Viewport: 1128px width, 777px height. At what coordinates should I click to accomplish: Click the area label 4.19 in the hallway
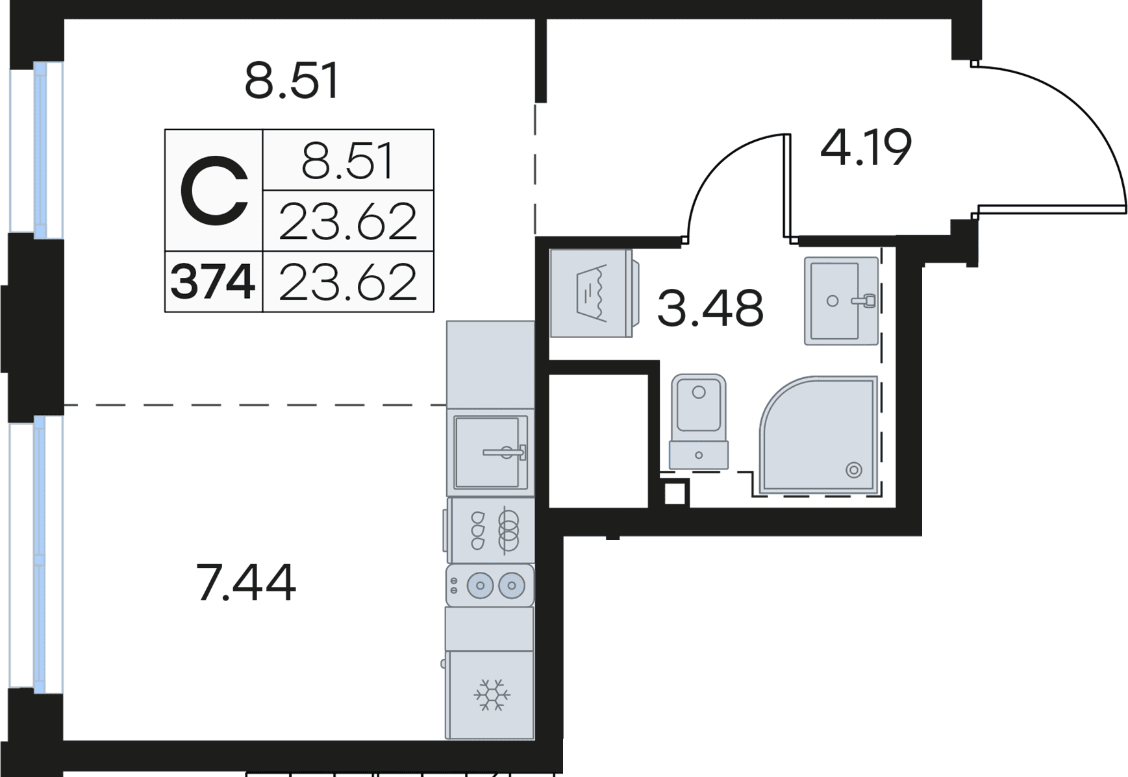pyautogui.click(x=866, y=148)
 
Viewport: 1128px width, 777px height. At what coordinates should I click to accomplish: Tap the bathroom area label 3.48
pyautogui.click(x=710, y=309)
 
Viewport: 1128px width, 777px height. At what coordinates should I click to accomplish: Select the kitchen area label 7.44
pyautogui.click(x=245, y=583)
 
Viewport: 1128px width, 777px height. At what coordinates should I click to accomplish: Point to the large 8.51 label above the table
pyautogui.click(x=292, y=81)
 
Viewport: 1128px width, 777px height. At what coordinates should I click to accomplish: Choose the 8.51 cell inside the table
pyautogui.click(x=347, y=162)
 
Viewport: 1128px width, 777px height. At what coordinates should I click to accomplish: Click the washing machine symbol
pyautogui.click(x=594, y=293)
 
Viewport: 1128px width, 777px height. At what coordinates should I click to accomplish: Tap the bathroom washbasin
pyautogui.click(x=841, y=301)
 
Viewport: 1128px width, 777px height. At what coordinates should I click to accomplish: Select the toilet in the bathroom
pyautogui.click(x=698, y=421)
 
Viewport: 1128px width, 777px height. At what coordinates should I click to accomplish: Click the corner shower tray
pyautogui.click(x=819, y=435)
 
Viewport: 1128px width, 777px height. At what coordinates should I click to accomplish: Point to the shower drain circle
pyautogui.click(x=854, y=469)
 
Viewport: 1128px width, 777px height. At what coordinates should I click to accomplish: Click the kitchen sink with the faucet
pyautogui.click(x=490, y=452)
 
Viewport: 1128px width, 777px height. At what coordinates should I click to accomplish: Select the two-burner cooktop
pyautogui.click(x=490, y=586)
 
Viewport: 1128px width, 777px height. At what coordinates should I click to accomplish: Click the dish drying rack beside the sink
pyautogui.click(x=490, y=530)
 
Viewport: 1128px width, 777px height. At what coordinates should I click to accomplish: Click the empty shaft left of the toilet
pyautogui.click(x=599, y=441)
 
